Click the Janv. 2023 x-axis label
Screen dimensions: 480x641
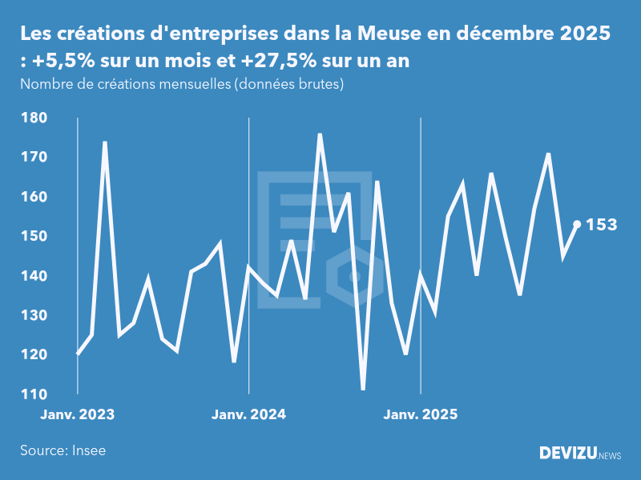point(78,414)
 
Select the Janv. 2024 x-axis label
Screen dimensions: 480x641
point(249,414)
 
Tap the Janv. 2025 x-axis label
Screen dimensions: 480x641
point(421,414)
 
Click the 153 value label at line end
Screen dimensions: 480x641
point(602,225)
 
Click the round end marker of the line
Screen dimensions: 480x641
point(577,224)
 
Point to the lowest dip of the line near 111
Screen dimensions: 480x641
point(363,390)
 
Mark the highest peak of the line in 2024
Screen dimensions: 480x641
point(320,134)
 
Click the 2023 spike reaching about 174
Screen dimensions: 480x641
point(105,142)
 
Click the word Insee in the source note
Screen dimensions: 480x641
point(89,450)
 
